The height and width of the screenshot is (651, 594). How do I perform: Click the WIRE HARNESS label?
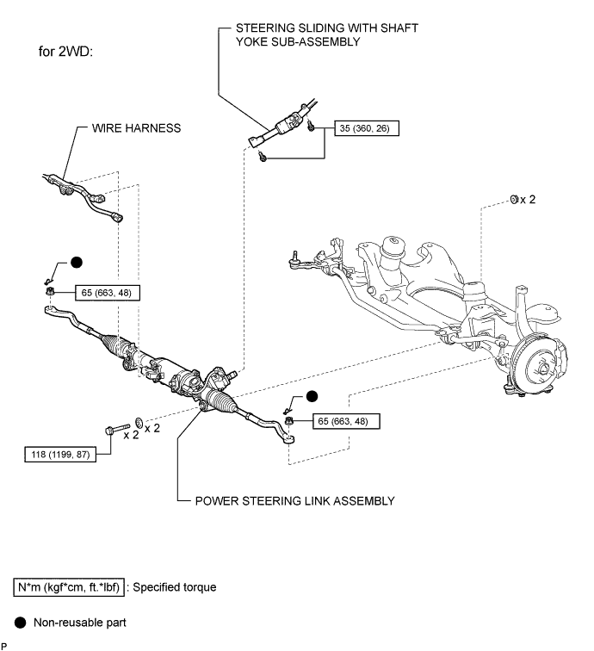pyautogui.click(x=136, y=127)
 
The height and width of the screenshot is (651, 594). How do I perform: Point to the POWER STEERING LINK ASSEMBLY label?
pyautogui.click(x=294, y=500)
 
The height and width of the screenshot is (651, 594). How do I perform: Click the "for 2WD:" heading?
pyautogui.click(x=65, y=52)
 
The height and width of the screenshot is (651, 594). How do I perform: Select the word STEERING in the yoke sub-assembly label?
pyautogui.click(x=265, y=28)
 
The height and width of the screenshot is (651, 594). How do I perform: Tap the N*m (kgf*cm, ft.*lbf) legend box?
pyautogui.click(x=69, y=587)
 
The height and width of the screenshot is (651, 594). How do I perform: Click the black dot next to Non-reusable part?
pyautogui.click(x=20, y=623)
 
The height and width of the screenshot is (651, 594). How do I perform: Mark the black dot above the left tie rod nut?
pyautogui.click(x=77, y=263)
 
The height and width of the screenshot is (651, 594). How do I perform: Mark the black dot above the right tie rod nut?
pyautogui.click(x=312, y=396)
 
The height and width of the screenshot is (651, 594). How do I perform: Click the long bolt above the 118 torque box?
pyautogui.click(x=117, y=429)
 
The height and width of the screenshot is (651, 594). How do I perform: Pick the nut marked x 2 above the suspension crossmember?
pyautogui.click(x=514, y=200)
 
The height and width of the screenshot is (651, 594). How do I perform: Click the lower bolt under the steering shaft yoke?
pyautogui.click(x=262, y=157)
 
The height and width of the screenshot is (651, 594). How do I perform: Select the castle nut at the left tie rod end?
pyautogui.click(x=50, y=291)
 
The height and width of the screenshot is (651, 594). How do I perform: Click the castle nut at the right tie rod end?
pyautogui.click(x=289, y=421)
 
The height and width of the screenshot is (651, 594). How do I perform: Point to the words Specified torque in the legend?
pyautogui.click(x=175, y=587)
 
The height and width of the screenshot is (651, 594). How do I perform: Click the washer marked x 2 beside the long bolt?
pyautogui.click(x=139, y=423)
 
